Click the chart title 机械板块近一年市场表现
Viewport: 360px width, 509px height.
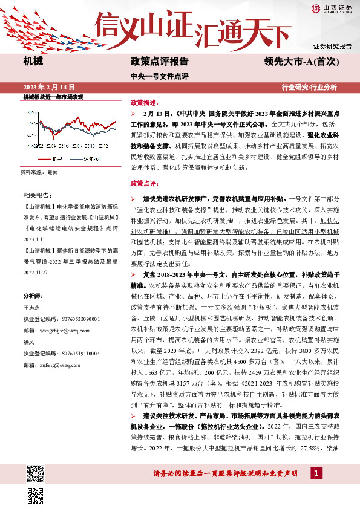[x=53, y=97]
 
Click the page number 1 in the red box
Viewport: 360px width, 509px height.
[x=315, y=472]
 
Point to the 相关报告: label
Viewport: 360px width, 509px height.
[x=37, y=195]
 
